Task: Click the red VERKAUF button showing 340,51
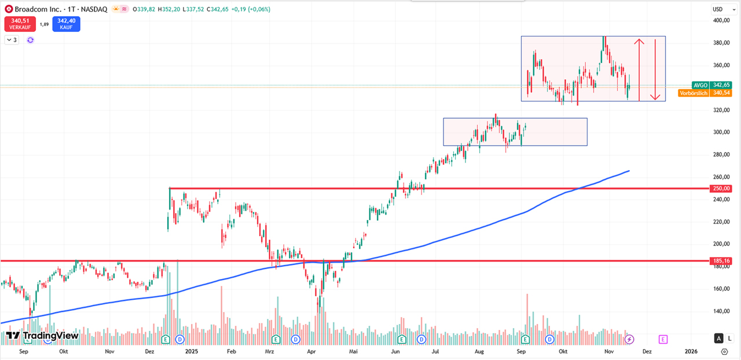click(19, 24)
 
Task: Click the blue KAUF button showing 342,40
click(66, 24)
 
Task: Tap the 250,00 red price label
click(722, 188)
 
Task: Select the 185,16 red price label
click(722, 261)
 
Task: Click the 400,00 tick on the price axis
click(722, 20)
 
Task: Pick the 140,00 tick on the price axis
click(722, 311)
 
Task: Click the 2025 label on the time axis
click(190, 351)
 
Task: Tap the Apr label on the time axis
click(311, 351)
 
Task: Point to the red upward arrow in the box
click(639, 68)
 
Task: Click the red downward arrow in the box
click(655, 68)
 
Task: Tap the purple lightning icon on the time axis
click(630, 339)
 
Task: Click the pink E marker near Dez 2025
click(663, 339)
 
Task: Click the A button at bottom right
click(718, 339)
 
